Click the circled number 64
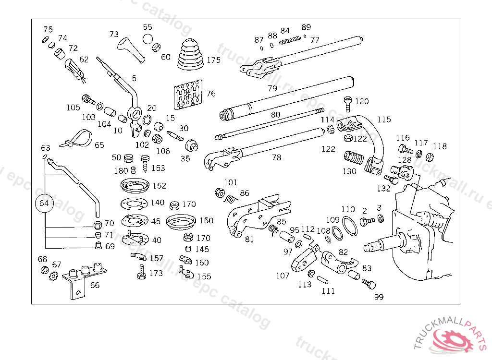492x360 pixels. [x=44, y=203]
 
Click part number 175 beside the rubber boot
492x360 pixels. [x=213, y=60]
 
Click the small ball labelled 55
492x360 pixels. [x=148, y=38]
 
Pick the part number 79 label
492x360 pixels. [x=272, y=88]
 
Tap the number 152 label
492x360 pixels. [x=159, y=185]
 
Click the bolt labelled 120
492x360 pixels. [x=348, y=103]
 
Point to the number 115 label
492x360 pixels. [x=384, y=120]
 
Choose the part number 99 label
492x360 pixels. [x=379, y=297]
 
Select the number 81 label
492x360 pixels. [x=249, y=239]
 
